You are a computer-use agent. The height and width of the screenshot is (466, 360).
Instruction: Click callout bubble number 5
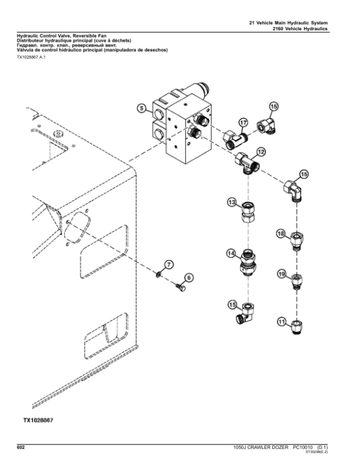pos(141,109)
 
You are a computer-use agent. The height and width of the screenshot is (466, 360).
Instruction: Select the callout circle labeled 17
pos(244,122)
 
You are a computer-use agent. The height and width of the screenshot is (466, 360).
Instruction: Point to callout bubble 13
pos(232,203)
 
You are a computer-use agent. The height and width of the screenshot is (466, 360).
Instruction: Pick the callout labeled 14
pos(231,253)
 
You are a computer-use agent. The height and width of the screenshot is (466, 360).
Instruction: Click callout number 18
pos(280,233)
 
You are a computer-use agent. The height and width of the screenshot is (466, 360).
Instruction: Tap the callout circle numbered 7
pos(169,264)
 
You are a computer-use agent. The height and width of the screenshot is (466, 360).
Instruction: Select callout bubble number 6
pos(188,277)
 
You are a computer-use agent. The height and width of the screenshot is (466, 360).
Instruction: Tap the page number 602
pos(20,447)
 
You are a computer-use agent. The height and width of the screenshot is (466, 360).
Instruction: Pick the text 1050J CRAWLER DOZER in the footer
pos(259,447)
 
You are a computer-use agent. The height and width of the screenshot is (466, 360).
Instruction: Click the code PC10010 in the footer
pos(304,447)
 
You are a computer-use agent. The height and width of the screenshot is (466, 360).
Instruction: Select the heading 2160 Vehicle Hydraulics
pos(309,28)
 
